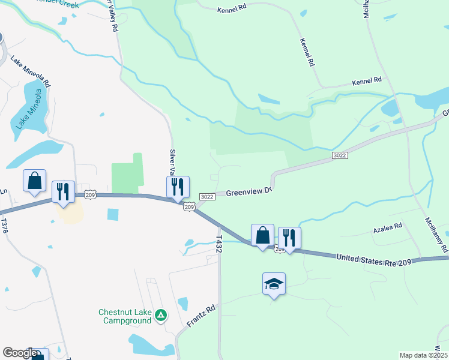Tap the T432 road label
(219, 243)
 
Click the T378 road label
(4, 226)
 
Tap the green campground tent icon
(160, 315)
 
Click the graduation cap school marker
(274, 283)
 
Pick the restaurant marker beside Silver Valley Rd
(178, 187)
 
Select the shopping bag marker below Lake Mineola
(34, 180)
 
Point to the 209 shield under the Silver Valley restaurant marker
(189, 206)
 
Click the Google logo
(20, 353)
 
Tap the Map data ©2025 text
(423, 355)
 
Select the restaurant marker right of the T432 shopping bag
(289, 238)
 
